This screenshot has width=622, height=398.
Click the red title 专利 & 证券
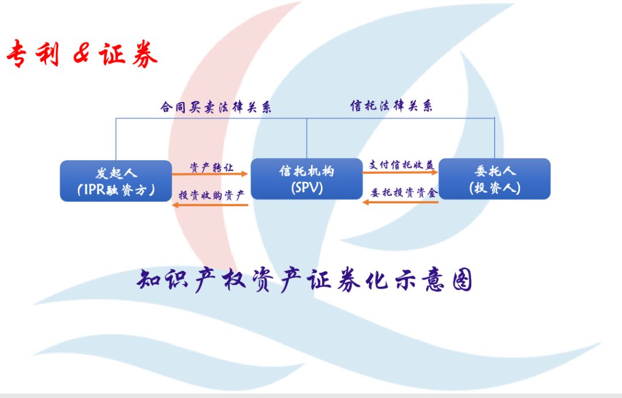coord(82,54)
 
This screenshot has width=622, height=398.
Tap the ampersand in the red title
coord(82,54)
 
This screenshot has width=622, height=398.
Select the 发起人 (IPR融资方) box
coord(116,181)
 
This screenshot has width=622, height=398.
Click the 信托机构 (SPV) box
coord(306,179)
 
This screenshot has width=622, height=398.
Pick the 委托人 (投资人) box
coord(494,179)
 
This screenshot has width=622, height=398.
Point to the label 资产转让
coord(211,168)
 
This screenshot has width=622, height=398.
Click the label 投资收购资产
coord(211,195)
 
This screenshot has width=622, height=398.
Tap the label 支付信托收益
coord(401,165)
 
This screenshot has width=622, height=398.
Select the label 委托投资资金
coord(404,193)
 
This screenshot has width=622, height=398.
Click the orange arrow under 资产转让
coord(210,174)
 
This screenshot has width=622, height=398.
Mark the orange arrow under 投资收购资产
coord(210,204)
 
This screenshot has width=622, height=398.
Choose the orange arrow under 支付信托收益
coord(400,172)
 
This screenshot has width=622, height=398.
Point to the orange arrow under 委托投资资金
coord(400,202)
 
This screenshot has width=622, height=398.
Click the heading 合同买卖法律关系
coord(216,107)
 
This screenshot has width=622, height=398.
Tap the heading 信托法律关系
coord(391,105)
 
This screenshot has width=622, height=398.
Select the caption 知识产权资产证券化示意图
coord(304,280)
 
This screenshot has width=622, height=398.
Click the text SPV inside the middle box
coord(306,187)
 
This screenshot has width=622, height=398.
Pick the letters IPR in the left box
coord(94,189)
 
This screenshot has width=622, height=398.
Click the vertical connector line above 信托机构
coord(306,138)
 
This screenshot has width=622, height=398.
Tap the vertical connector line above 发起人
coord(116,139)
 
